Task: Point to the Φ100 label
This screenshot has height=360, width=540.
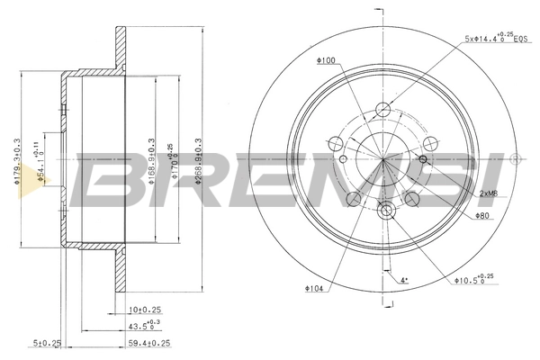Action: pyautogui.click(x=325, y=60)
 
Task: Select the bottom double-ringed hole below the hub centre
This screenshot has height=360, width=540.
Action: pyautogui.click(x=386, y=211)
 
